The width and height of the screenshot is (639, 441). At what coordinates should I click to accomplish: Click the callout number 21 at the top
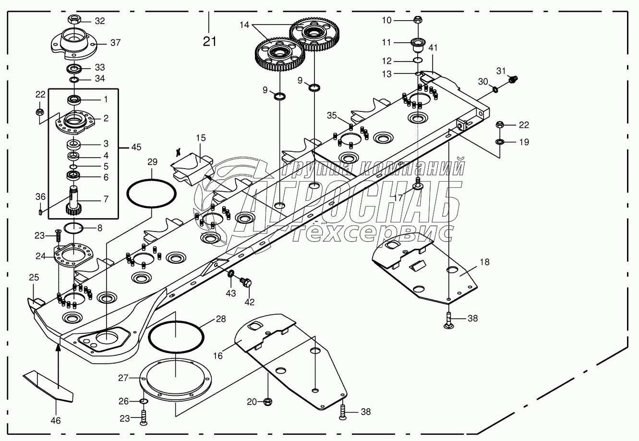209,41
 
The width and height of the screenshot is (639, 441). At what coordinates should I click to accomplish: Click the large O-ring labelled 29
151,194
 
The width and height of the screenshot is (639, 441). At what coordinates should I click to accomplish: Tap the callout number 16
218,355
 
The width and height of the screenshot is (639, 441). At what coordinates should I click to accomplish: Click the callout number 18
484,262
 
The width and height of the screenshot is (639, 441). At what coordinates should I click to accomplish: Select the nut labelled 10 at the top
417,20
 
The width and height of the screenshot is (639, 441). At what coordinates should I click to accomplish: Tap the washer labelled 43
231,274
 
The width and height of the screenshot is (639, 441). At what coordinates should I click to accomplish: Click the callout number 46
56,421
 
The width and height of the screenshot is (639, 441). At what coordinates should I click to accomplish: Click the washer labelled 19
499,142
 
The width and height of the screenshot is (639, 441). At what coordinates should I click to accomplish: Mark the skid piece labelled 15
192,166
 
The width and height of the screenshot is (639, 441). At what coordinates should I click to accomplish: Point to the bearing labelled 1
73,100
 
